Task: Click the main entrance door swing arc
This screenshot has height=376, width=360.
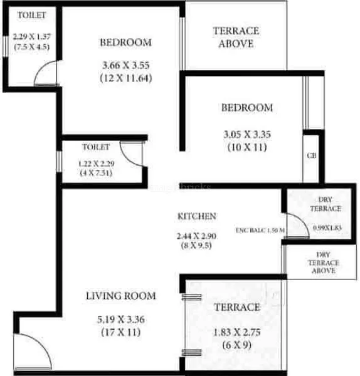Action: (x=41, y=342)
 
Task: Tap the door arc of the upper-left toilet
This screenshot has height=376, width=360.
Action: (x=41, y=66)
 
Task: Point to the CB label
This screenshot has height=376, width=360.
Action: (x=312, y=155)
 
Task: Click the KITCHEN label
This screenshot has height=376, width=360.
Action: (x=197, y=216)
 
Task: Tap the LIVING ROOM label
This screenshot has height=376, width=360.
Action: (x=121, y=296)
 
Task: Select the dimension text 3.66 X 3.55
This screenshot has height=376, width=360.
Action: (x=126, y=65)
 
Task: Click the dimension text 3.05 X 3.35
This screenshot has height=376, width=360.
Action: (x=247, y=134)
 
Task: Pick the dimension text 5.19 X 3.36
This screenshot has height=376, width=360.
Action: (x=121, y=320)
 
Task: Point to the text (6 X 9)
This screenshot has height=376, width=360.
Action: (x=237, y=345)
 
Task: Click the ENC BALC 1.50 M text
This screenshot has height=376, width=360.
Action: (x=260, y=230)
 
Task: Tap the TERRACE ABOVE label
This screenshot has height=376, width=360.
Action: (x=236, y=37)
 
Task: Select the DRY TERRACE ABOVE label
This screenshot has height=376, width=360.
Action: (x=324, y=263)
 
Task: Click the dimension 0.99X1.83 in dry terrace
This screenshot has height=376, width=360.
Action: (x=327, y=227)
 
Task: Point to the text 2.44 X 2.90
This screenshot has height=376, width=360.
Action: (x=196, y=236)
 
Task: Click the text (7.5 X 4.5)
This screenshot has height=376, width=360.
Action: (x=32, y=46)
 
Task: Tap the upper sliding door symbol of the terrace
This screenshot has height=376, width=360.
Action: (x=191, y=297)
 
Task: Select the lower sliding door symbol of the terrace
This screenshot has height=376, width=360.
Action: (x=191, y=352)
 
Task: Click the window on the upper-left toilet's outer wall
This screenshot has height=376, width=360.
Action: (x=5, y=47)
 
